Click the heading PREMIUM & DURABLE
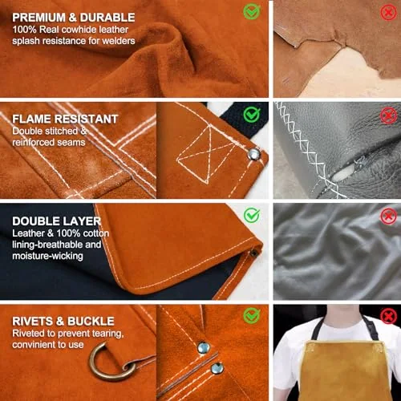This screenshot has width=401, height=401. (x=74, y=18)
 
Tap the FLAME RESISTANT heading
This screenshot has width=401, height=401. (x=65, y=119)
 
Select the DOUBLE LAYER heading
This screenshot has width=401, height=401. (x=57, y=221)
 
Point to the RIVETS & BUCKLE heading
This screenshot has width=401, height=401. (x=63, y=321)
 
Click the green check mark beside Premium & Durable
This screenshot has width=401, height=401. (x=252, y=12)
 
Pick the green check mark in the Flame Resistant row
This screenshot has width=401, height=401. (x=252, y=114)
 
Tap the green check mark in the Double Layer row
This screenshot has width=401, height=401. (x=252, y=215)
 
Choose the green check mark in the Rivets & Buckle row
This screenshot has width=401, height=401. (x=252, y=315)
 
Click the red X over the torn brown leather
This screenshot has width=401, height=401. (x=388, y=12)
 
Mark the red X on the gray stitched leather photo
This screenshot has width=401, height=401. (x=388, y=115)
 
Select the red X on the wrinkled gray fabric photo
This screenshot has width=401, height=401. (x=388, y=216)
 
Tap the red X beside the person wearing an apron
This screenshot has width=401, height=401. (x=388, y=317)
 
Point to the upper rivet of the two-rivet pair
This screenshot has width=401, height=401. (x=204, y=347)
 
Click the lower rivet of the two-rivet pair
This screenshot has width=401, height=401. (x=217, y=369)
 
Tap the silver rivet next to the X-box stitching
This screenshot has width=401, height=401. (x=253, y=154)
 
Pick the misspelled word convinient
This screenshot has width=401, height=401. (x=32, y=345)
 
